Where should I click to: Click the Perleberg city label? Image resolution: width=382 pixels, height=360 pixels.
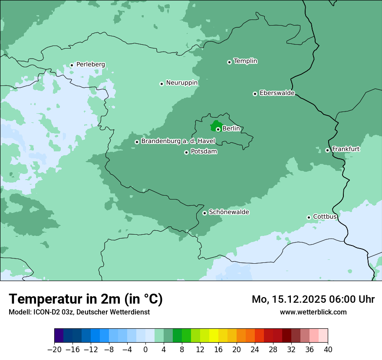point(90,65)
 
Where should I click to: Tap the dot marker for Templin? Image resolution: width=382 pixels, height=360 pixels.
point(229,62)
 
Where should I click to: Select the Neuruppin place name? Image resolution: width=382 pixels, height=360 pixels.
point(181,83)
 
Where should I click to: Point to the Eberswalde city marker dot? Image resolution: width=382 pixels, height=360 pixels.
point(255,94)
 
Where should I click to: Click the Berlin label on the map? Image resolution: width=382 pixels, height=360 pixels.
point(231,129)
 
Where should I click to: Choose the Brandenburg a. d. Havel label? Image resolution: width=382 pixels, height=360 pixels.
point(178,141)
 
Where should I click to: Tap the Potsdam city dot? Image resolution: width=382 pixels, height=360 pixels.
point(186,152)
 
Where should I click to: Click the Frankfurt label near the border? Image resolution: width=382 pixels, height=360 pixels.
point(346,149)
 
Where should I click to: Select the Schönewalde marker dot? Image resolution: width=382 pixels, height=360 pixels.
point(204,213)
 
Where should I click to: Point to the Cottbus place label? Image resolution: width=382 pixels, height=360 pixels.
point(325,216)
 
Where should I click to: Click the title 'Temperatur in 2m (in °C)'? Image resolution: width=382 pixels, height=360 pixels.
point(86,299)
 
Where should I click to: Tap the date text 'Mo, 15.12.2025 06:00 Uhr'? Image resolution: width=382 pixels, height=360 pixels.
point(313,299)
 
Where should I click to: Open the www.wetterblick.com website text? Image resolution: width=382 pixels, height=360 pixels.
point(313,312)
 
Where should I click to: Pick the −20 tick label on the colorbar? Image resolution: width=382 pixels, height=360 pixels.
point(54,350)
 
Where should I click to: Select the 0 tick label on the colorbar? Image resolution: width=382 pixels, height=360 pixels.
point(145,350)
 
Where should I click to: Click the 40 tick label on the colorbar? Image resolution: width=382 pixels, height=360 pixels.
point(328,350)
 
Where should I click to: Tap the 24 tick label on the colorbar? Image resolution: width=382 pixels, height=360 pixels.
point(255,350)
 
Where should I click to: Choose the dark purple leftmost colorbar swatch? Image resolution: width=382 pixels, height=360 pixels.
point(59,336)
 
